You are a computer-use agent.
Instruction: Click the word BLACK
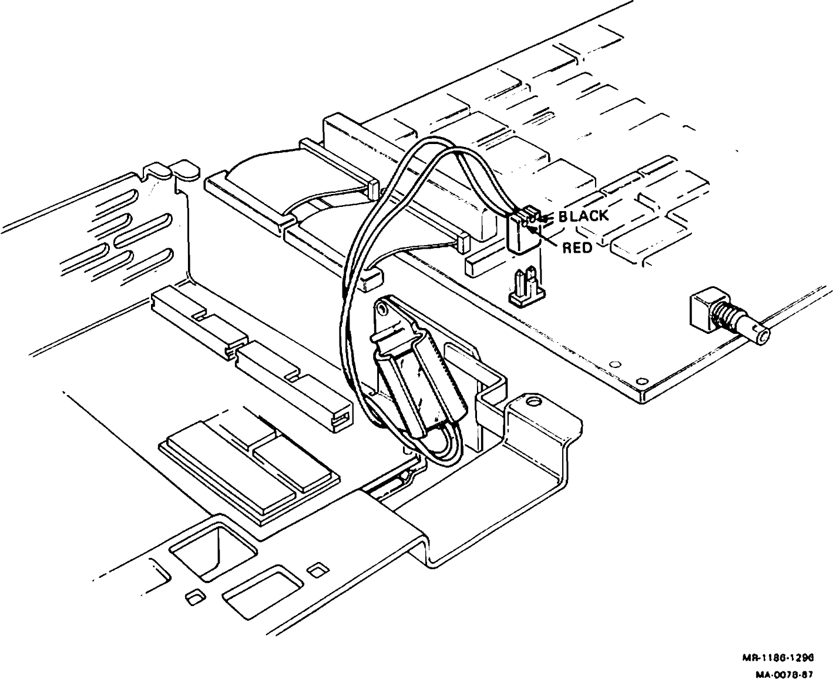[583, 216]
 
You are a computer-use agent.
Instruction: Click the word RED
[577, 248]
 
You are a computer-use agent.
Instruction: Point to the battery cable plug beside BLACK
[522, 230]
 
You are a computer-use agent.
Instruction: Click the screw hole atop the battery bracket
[383, 307]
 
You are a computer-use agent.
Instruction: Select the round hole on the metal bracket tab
[533, 403]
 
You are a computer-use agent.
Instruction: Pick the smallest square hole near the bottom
[193, 598]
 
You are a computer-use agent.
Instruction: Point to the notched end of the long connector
[341, 417]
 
